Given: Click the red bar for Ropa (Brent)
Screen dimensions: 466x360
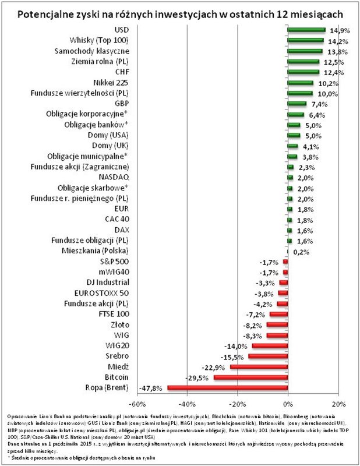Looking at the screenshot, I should [x=227, y=387].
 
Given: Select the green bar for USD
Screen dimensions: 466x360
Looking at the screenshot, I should [x=306, y=30].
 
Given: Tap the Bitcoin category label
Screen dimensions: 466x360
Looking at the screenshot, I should [x=116, y=377].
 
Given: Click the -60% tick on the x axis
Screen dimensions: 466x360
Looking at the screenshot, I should [x=136, y=403].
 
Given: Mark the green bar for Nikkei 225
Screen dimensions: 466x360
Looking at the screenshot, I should [x=301, y=83].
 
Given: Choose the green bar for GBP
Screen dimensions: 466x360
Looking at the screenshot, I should [x=297, y=104].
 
